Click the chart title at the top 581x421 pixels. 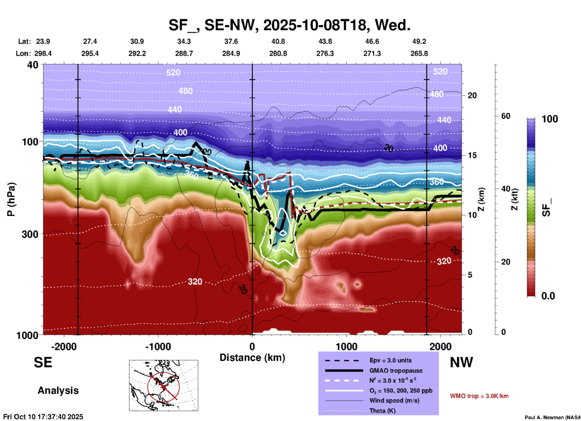coord(289,25)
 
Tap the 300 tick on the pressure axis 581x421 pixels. coord(30,234)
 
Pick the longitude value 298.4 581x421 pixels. coord(43,53)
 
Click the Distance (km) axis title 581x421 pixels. coord(252,358)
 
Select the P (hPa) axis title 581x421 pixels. coord(11,199)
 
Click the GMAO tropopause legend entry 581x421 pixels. coord(396,371)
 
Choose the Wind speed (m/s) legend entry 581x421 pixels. coord(394,400)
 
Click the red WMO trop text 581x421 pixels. coord(479,396)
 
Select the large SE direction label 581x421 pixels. coord(43,362)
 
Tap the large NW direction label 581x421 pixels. coord(461,362)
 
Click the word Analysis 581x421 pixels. coord(58,390)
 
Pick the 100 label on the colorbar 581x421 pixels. coord(550,119)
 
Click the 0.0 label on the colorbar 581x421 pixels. coord(548,296)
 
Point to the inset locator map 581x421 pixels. coord(164,385)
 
